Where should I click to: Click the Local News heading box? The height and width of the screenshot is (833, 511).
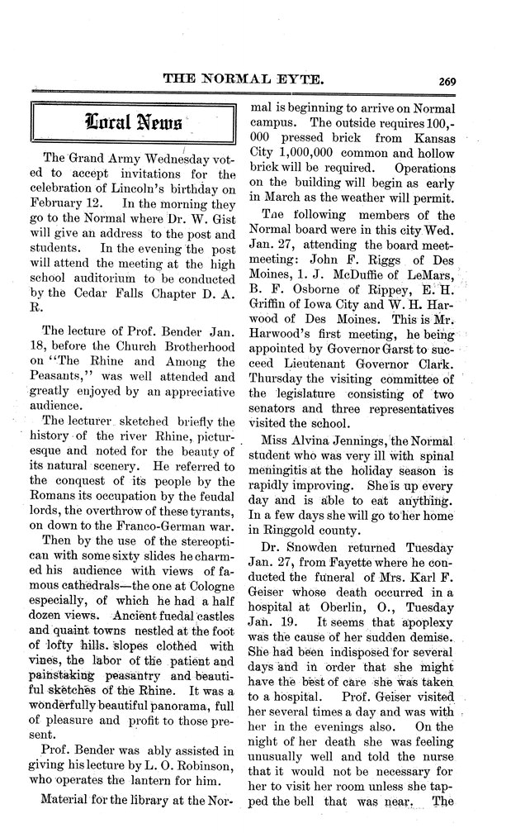click(x=132, y=123)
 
